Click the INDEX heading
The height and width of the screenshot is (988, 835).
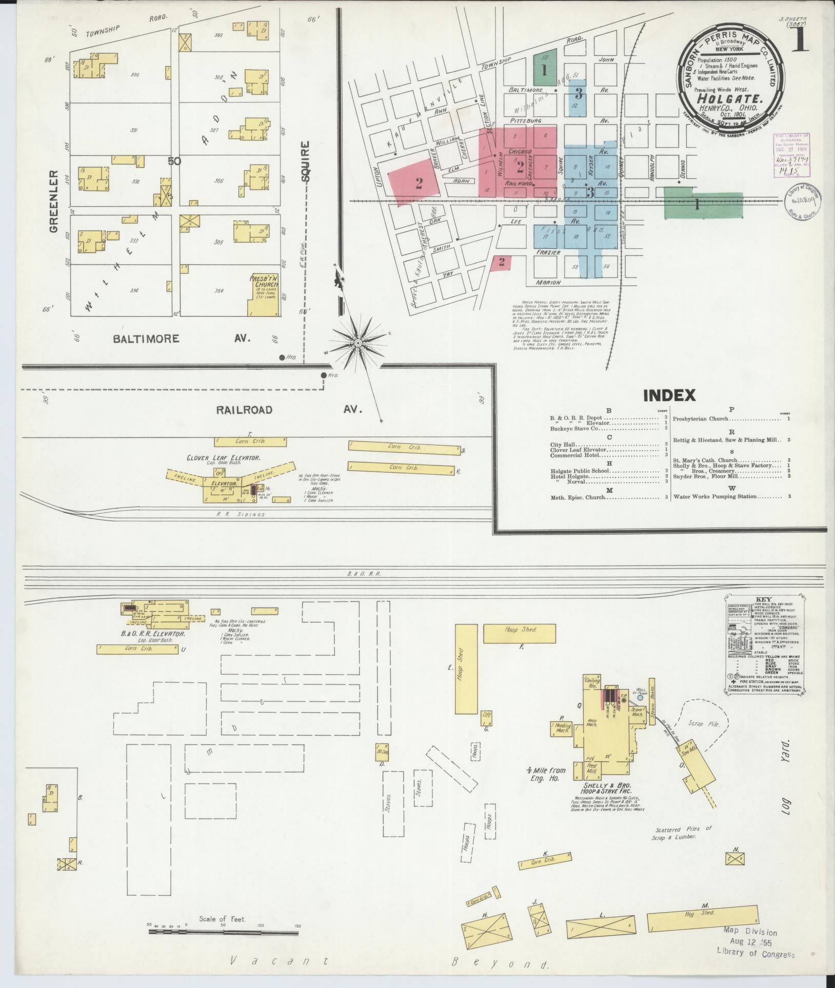pyautogui.click(x=669, y=395)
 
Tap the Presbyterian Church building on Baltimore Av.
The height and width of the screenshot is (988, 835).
pyautogui.click(x=264, y=297)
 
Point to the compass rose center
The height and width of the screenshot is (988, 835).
pyautogui.click(x=358, y=341)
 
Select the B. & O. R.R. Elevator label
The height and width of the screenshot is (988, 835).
pyautogui.click(x=152, y=634)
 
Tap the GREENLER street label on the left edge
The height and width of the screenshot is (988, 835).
pyautogui.click(x=53, y=202)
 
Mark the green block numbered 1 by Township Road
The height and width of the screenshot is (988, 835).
pyautogui.click(x=545, y=70)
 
